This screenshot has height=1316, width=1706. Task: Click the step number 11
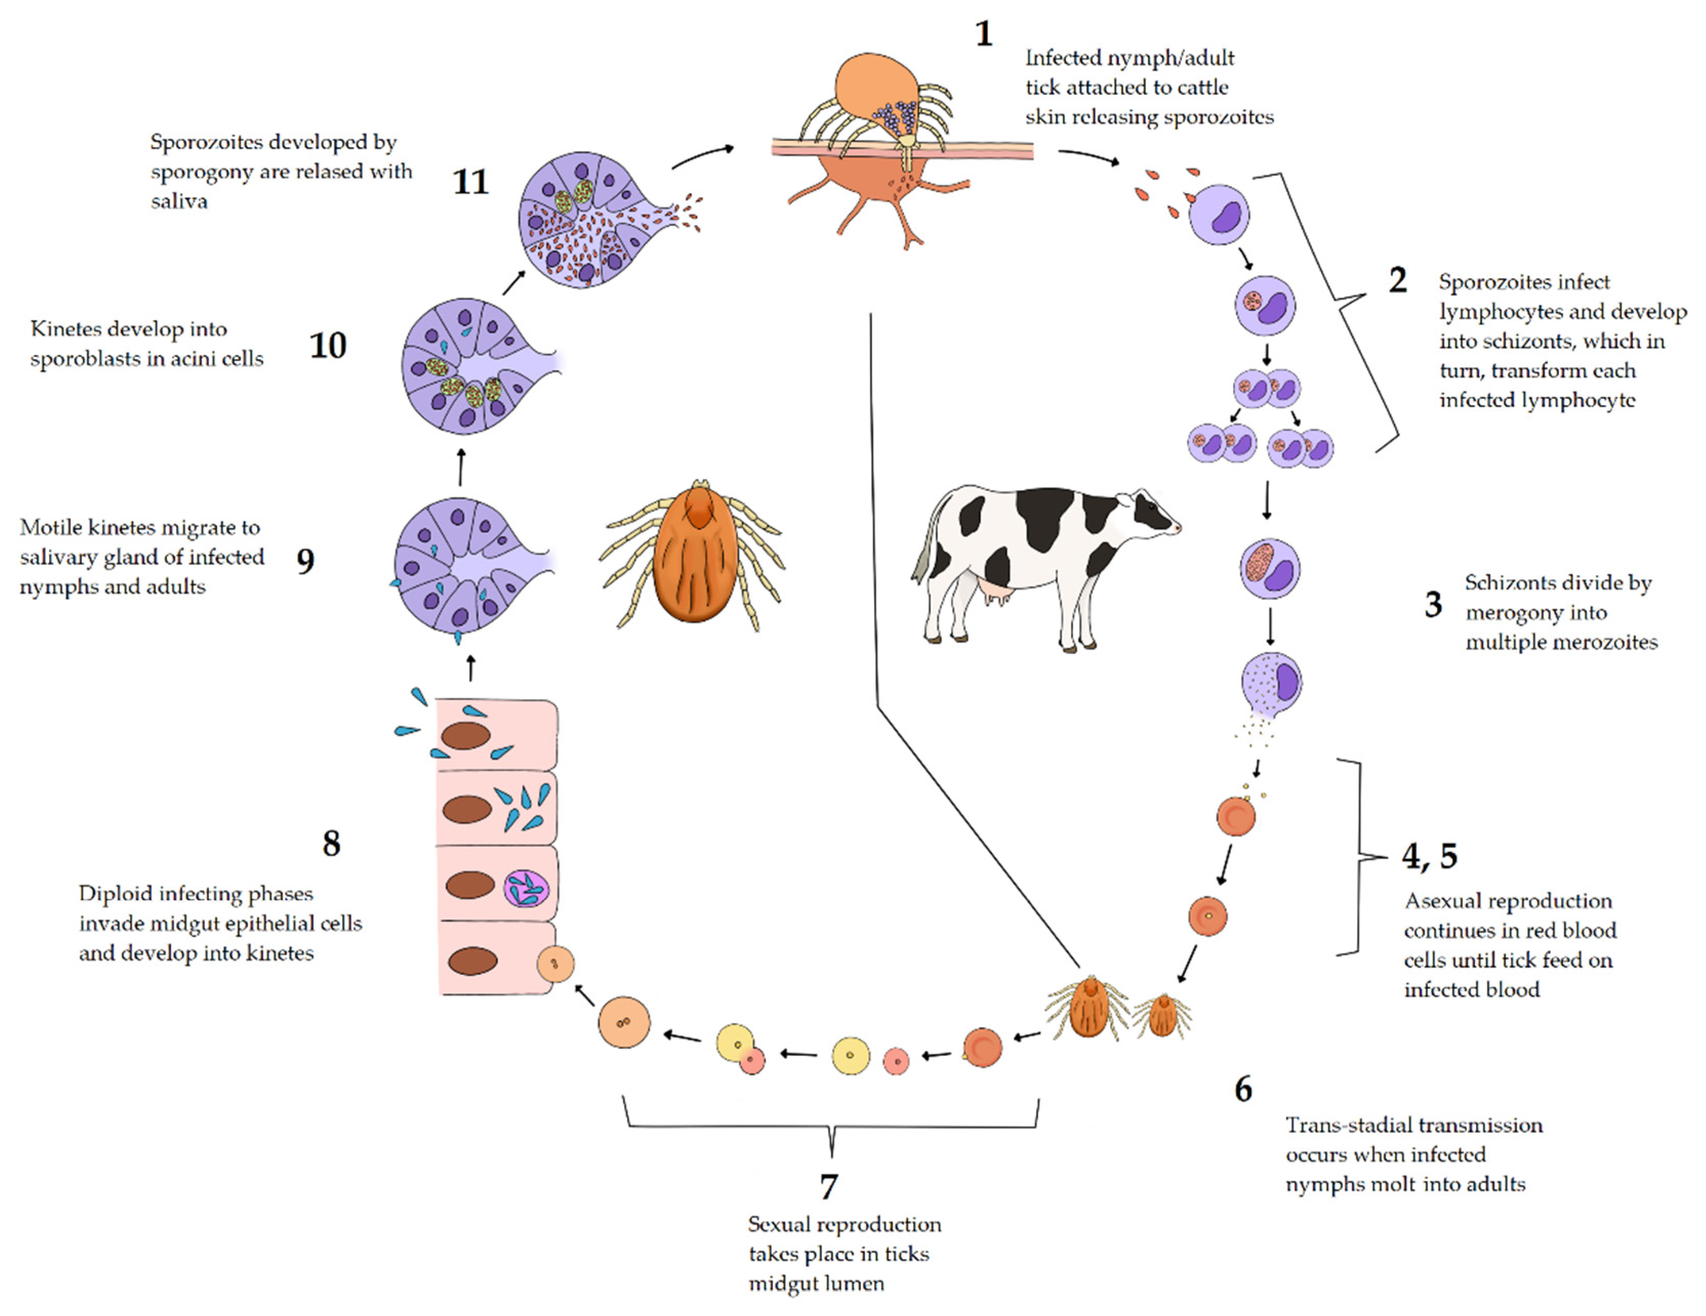pyautogui.click(x=470, y=182)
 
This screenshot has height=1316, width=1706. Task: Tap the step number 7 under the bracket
pyautogui.click(x=829, y=1185)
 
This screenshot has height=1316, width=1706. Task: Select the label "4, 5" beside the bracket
pyautogui.click(x=1429, y=856)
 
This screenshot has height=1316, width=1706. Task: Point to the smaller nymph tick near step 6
pyautogui.click(x=1162, y=1015)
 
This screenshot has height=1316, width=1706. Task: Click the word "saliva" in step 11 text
pyautogui.click(x=179, y=201)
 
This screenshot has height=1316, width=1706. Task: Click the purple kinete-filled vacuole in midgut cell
pyautogui.click(x=526, y=889)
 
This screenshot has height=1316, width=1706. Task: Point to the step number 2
pyautogui.click(x=1397, y=280)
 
